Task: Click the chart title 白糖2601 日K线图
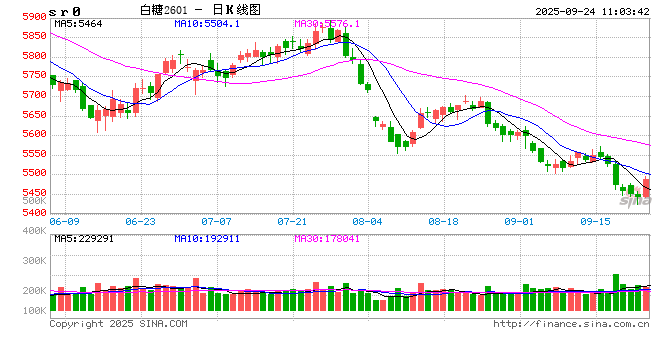coord(207,8)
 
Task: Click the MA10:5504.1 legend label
coord(206,23)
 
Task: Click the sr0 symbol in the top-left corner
coord(21,8)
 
